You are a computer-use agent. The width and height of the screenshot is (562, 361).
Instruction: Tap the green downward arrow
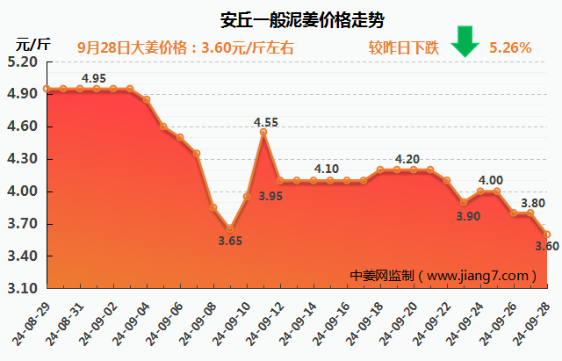click(x=465, y=41)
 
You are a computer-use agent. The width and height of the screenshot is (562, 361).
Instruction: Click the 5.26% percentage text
click(x=510, y=47)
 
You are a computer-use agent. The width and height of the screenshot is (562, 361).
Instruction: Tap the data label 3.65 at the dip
click(x=230, y=241)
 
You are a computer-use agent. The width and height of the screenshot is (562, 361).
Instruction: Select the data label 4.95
click(x=94, y=79)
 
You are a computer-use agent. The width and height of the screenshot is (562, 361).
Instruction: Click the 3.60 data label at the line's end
click(x=546, y=246)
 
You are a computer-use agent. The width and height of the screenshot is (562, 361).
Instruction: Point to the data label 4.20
click(x=407, y=159)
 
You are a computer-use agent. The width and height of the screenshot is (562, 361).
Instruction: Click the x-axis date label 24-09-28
click(x=534, y=319)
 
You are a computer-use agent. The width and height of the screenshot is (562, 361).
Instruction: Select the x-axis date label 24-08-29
click(x=32, y=319)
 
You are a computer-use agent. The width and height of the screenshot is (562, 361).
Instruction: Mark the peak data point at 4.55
click(x=263, y=133)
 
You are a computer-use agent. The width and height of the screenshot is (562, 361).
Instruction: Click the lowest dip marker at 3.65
click(x=230, y=228)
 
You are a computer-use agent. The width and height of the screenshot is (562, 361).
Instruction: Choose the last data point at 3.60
click(x=546, y=235)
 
